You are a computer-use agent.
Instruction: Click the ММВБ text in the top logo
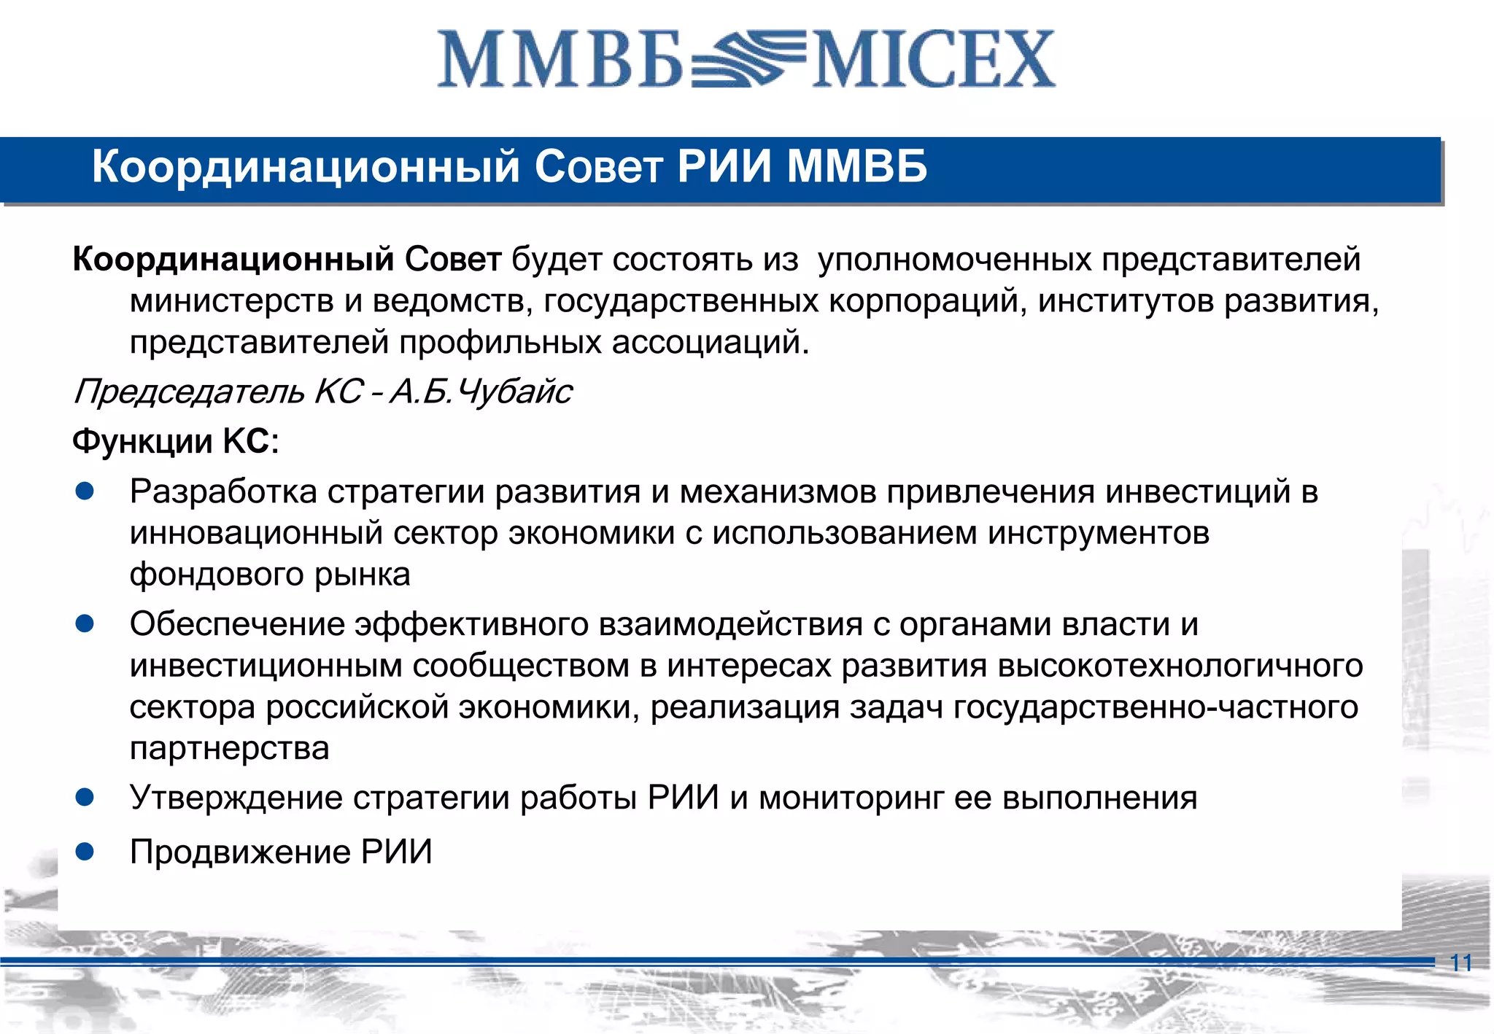tap(560, 60)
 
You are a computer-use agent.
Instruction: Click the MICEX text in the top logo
tap(934, 60)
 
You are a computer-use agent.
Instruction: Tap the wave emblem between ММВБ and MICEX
tap(748, 58)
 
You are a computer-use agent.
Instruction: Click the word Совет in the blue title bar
tap(598, 166)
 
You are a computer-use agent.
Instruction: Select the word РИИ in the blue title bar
tap(724, 166)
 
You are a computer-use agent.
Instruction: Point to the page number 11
tap(1461, 963)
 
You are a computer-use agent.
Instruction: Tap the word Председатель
tap(189, 392)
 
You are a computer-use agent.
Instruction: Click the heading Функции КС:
tap(176, 441)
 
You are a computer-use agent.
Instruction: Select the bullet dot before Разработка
tap(85, 491)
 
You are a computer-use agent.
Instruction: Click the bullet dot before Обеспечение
tap(85, 623)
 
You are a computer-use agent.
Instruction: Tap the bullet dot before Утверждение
tap(85, 797)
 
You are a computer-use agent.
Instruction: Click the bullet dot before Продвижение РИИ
tap(85, 851)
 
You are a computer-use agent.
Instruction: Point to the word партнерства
tap(230, 748)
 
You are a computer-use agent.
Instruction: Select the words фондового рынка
tap(270, 575)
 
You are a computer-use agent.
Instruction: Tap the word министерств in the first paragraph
tap(231, 301)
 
